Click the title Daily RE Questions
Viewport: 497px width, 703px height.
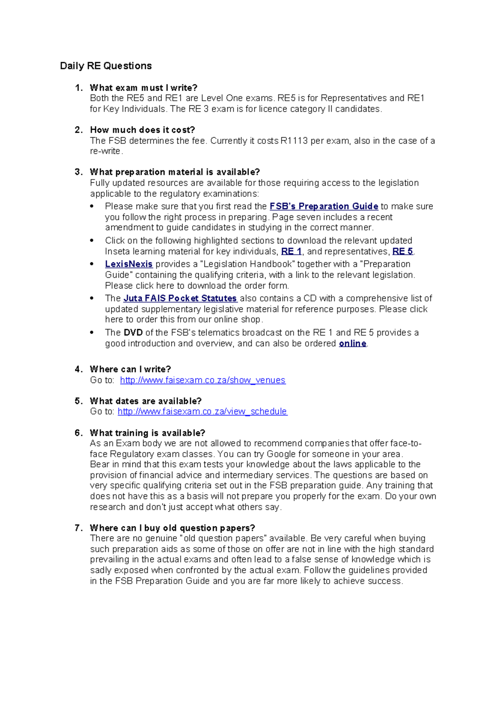tap(106, 66)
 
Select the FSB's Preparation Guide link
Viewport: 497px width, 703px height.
tap(323, 206)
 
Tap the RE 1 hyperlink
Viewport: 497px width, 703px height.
tap(291, 252)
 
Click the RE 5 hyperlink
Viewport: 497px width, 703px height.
tap(402, 252)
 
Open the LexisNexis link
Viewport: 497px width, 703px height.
tap(129, 264)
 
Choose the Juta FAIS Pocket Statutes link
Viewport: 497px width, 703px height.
tap(180, 298)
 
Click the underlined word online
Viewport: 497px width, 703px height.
tap(352, 344)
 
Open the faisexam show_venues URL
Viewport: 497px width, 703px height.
tap(203, 380)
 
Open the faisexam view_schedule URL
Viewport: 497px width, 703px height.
tap(202, 412)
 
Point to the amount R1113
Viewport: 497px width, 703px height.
tap(294, 141)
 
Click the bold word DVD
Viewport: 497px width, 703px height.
tap(133, 333)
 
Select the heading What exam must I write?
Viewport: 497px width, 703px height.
tap(143, 88)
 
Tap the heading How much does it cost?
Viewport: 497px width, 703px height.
tap(142, 130)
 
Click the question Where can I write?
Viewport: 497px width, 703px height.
tap(130, 369)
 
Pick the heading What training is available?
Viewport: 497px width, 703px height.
tap(147, 433)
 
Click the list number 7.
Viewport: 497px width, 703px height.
tap(78, 528)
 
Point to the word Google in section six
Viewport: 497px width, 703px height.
tap(281, 454)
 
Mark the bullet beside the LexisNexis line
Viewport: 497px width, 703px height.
tap(92, 264)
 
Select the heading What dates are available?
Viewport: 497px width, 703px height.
tap(145, 401)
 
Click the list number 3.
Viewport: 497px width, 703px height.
tap(78, 172)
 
